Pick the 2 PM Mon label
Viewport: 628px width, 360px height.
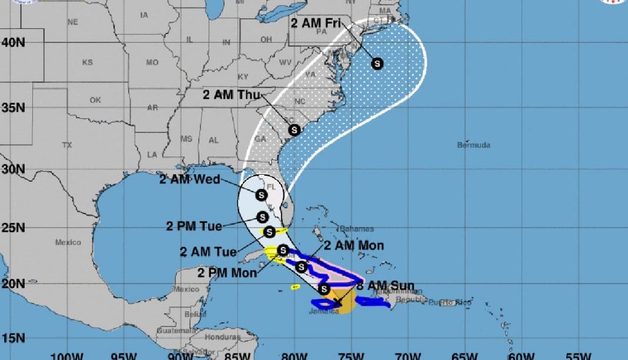tap(227, 272)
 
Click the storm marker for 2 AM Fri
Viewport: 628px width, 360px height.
tap(377, 64)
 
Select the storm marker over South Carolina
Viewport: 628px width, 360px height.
tap(294, 130)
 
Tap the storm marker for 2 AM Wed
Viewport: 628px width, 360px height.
tap(261, 195)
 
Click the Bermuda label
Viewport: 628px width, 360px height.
tap(473, 145)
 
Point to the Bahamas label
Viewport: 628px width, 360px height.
tap(356, 228)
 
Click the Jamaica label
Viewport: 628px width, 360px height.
tap(324, 311)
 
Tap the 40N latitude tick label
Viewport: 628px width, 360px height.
tap(13, 42)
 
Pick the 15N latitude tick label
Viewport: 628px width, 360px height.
tap(13, 338)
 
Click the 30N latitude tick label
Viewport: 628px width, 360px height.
tap(13, 169)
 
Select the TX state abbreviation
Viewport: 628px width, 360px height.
tap(67, 145)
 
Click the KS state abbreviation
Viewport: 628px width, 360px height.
tap(87, 62)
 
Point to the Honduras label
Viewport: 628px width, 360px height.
tap(222, 337)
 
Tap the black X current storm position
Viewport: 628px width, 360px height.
tap(336, 302)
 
